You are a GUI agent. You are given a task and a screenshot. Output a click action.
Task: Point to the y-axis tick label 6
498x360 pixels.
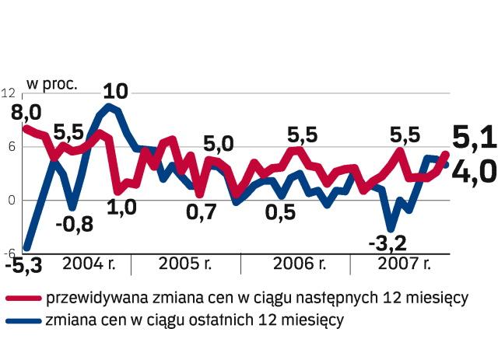click(10, 147)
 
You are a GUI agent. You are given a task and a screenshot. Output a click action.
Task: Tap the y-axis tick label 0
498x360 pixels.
click(10, 201)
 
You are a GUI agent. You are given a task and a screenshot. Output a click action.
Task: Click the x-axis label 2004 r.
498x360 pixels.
click(88, 263)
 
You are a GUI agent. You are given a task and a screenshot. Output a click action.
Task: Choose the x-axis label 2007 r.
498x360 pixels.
click(405, 263)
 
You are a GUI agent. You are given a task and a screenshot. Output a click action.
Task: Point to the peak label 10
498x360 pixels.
click(115, 91)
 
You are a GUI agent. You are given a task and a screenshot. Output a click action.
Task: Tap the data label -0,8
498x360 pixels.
click(74, 225)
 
